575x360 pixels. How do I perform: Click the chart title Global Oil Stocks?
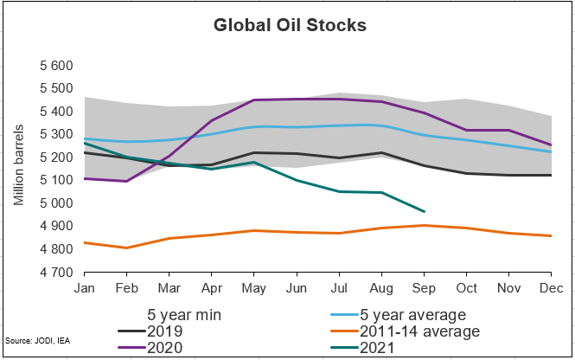click(x=290, y=25)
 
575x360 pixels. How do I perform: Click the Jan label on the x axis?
click(x=84, y=286)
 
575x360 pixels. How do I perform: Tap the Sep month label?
click(x=424, y=286)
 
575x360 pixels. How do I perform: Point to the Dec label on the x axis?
click(x=548, y=286)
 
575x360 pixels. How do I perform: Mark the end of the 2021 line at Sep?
click(x=424, y=211)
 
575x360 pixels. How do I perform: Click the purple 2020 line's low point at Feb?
click(x=126, y=181)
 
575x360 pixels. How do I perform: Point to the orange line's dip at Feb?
click(x=126, y=247)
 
